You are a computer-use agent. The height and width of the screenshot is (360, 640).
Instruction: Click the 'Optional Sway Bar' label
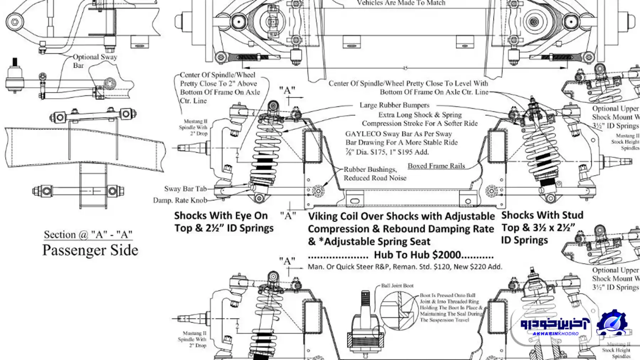(x=95, y=61)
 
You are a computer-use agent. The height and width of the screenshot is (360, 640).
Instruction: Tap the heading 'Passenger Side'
(x=90, y=250)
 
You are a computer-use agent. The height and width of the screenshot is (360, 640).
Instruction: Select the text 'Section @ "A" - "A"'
(x=88, y=235)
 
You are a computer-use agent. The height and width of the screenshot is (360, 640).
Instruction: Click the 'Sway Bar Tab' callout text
(x=185, y=189)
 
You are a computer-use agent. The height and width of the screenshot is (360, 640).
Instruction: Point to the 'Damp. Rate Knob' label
(x=180, y=200)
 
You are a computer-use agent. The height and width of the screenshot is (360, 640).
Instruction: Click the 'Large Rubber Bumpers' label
(x=394, y=105)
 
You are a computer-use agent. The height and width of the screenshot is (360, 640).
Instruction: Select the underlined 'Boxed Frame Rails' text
(x=436, y=166)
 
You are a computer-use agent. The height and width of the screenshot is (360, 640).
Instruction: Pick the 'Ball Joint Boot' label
(x=397, y=285)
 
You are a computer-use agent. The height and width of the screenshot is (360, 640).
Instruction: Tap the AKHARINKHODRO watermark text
(x=555, y=334)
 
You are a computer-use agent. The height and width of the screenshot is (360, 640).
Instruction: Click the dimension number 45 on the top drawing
(x=405, y=68)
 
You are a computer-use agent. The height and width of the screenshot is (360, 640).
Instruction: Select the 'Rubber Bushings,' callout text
(x=370, y=170)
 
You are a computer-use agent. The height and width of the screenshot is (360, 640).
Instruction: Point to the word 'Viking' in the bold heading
(x=323, y=216)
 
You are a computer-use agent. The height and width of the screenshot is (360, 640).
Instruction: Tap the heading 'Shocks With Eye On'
(x=221, y=216)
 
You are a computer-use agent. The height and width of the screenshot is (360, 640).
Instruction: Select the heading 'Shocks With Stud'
(x=542, y=215)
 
